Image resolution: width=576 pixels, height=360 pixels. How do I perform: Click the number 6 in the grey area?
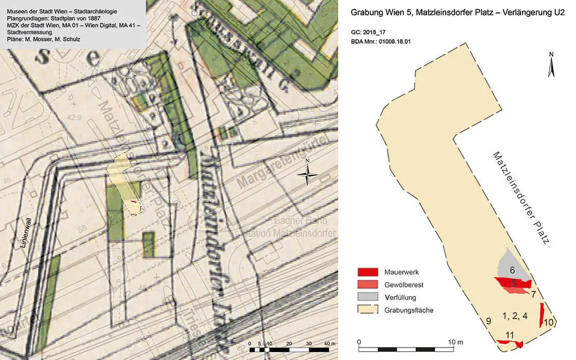512,270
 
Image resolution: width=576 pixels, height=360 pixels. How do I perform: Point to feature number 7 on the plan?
533,295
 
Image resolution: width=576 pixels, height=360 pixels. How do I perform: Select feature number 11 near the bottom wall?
510,335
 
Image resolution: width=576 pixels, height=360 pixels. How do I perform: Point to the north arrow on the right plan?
552,64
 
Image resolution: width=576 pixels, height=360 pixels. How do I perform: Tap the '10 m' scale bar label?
457,343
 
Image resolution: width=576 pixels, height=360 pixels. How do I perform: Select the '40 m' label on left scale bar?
328,344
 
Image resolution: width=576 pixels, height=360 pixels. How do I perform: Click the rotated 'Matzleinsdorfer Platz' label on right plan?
520,198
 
